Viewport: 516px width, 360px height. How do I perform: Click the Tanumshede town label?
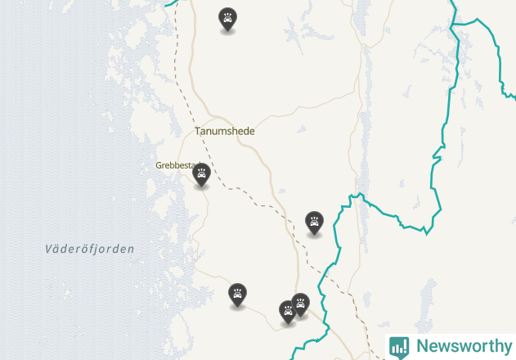pyautogui.click(x=225, y=131)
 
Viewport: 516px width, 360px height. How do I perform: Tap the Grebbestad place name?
pyautogui.click(x=175, y=165)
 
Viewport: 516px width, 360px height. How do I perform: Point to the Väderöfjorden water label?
pyautogui.click(x=90, y=249)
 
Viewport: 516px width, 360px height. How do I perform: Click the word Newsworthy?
pyautogui.click(x=464, y=346)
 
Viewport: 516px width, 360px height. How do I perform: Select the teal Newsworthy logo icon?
pyautogui.click(x=399, y=347)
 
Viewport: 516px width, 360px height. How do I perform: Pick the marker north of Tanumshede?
pyautogui.click(x=227, y=19)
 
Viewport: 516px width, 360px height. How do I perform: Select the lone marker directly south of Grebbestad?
pyautogui.click(x=237, y=295)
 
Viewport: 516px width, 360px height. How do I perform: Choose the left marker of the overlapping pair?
pyautogui.click(x=287, y=312)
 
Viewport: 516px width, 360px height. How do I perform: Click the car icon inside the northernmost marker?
pyautogui.click(x=227, y=17)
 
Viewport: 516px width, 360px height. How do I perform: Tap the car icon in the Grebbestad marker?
pyautogui.click(x=201, y=173)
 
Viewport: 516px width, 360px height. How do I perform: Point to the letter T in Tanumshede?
pyautogui.click(x=198, y=131)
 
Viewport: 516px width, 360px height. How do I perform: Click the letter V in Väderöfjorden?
pyautogui.click(x=49, y=249)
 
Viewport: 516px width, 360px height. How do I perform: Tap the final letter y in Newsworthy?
pyautogui.click(x=506, y=348)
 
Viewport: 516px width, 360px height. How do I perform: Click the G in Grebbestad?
pyautogui.click(x=159, y=165)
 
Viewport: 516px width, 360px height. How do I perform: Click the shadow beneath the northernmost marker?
pyautogui.click(x=227, y=34)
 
